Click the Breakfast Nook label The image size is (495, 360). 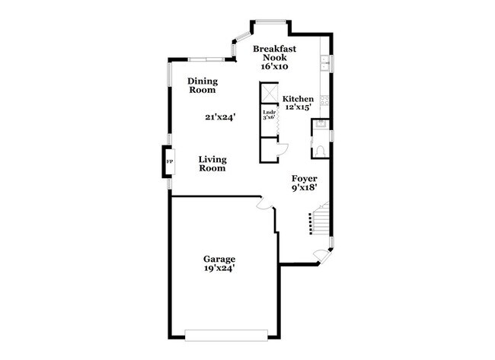(274, 53)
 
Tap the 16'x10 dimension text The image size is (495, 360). (274, 66)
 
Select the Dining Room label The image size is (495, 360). (203, 85)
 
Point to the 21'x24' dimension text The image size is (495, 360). (219, 117)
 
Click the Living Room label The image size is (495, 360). (212, 164)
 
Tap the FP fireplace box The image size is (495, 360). (169, 161)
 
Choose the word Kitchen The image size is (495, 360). (298, 99)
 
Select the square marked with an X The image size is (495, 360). (268, 92)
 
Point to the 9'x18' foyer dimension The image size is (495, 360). (305, 186)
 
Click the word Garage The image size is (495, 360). (219, 258)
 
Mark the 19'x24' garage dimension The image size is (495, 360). (219, 268)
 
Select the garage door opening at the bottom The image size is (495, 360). (226, 333)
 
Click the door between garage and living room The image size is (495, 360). (263, 203)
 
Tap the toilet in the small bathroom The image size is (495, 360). (321, 149)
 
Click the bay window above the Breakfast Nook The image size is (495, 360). (270, 22)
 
